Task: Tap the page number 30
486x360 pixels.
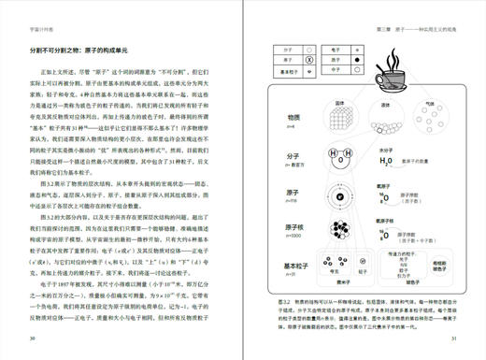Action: tap(34, 338)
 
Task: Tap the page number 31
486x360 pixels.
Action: tap(451, 338)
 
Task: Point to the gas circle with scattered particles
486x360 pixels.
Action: tap(430, 116)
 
